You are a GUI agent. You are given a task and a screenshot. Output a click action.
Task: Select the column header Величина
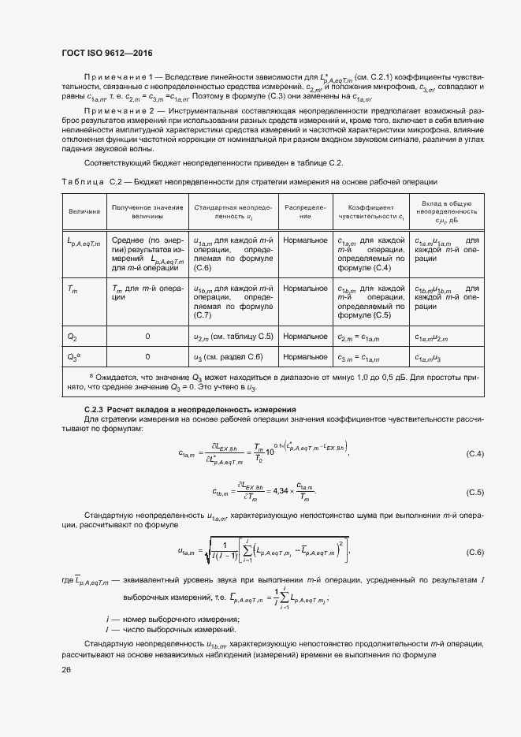tap(84, 212)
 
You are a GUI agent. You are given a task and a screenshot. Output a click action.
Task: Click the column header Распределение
tap(303, 212)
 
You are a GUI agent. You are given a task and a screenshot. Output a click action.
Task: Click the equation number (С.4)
tap(474, 455)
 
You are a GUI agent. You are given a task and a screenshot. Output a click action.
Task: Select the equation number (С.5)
tap(474, 493)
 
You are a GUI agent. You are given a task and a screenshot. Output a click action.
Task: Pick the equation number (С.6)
tap(474, 551)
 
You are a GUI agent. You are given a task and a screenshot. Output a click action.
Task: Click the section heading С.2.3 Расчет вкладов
tap(189, 410)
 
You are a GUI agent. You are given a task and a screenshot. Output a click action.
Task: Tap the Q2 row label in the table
tap(73, 337)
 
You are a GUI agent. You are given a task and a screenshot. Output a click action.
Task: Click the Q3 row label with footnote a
tap(73, 357)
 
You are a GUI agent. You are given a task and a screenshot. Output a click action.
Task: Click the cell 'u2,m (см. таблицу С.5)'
tap(233, 337)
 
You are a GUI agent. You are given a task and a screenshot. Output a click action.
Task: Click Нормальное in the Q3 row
tap(305, 357)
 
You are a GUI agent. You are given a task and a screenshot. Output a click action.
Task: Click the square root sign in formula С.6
tap(207, 551)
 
